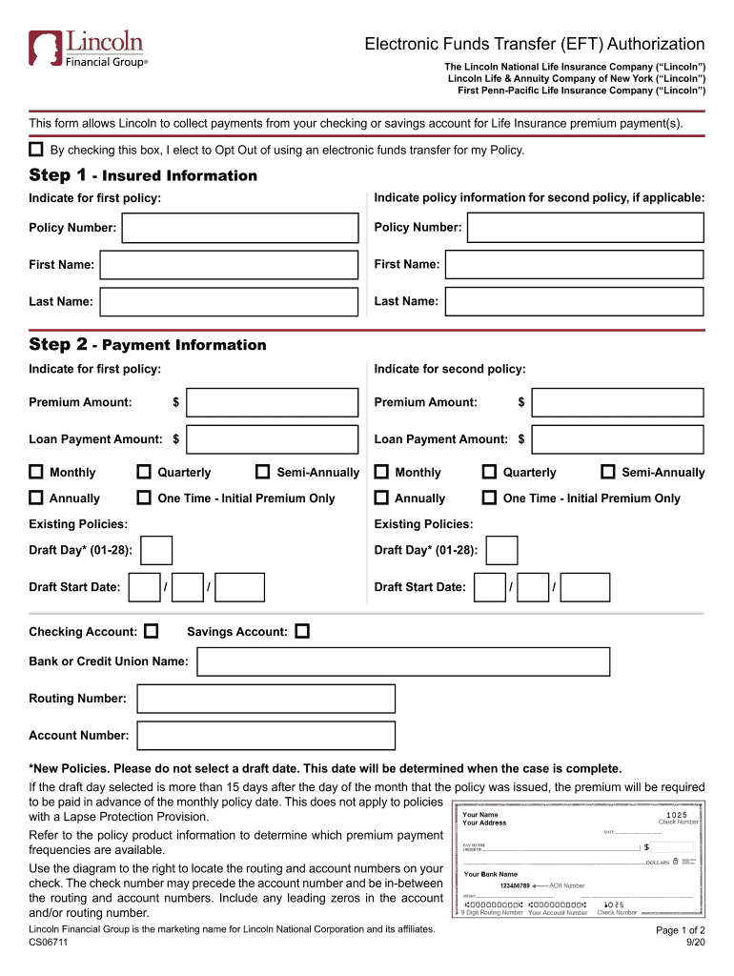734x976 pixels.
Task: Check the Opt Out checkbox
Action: (x=36, y=150)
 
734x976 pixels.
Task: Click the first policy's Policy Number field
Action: (x=242, y=228)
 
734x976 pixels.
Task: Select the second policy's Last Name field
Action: (x=575, y=301)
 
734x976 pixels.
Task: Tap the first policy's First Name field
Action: (x=230, y=264)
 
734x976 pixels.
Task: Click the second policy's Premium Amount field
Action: (x=618, y=402)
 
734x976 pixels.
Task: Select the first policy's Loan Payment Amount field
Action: (x=273, y=439)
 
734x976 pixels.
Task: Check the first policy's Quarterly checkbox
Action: (x=144, y=472)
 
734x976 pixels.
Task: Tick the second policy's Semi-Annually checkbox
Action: (x=608, y=472)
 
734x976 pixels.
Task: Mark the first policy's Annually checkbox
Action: (x=36, y=498)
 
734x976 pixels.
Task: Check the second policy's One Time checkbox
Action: (x=489, y=498)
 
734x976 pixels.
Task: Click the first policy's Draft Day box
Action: (x=156, y=550)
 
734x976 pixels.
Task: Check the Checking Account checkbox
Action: (x=151, y=631)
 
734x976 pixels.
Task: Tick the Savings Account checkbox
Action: (x=302, y=631)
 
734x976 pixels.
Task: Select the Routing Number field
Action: (x=266, y=699)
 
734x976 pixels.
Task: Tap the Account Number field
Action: (x=266, y=735)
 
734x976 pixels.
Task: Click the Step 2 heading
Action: (x=148, y=344)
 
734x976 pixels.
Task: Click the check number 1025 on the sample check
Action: (x=676, y=815)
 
